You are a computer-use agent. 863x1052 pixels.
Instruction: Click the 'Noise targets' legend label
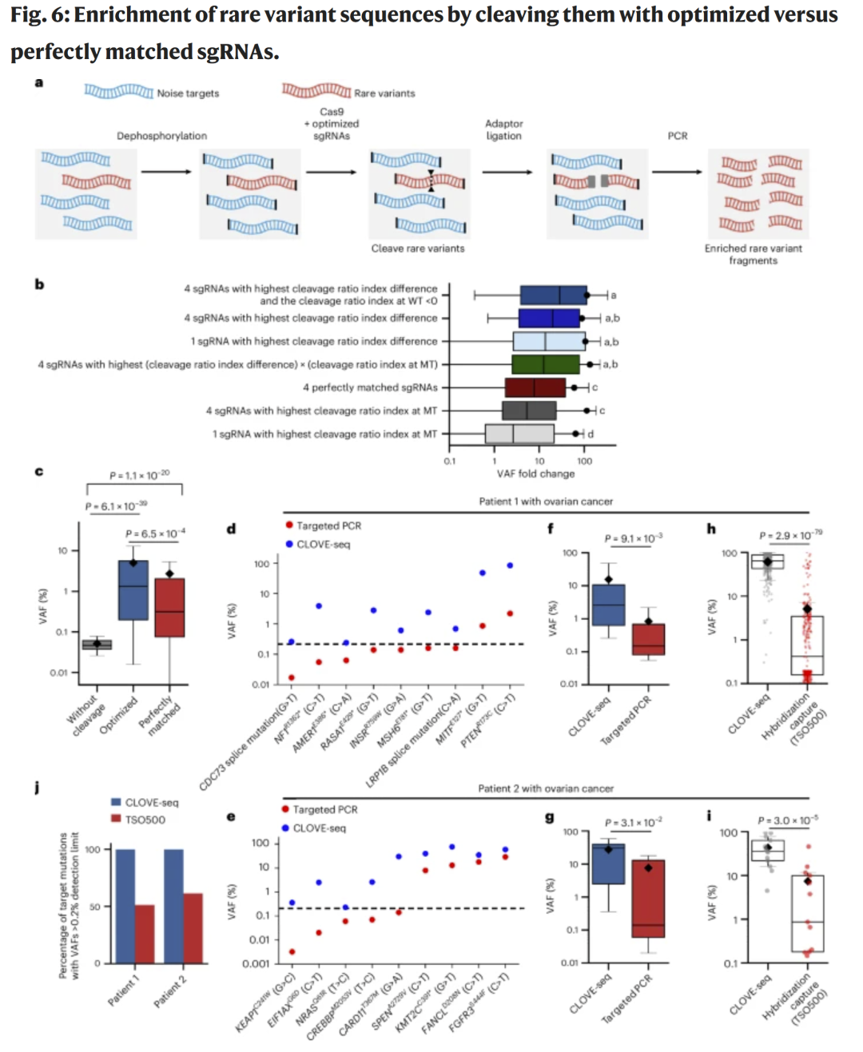pyautogui.click(x=188, y=93)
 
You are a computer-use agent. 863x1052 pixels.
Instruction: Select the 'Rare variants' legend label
pyautogui.click(x=384, y=93)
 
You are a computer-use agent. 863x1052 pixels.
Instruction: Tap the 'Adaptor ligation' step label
pyautogui.click(x=503, y=129)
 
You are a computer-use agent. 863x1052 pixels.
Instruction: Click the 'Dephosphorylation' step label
pyautogui.click(x=161, y=136)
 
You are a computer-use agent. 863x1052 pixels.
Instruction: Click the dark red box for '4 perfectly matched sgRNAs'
pyautogui.click(x=535, y=387)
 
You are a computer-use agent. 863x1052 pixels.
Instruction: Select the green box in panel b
pyautogui.click(x=546, y=364)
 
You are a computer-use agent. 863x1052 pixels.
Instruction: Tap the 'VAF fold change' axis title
pyautogui.click(x=535, y=474)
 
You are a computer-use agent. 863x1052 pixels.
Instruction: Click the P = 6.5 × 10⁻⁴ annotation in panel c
pyautogui.click(x=155, y=533)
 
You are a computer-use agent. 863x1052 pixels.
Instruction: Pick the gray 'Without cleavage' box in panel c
pyautogui.click(x=97, y=644)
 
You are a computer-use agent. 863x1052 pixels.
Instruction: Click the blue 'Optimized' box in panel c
pyautogui.click(x=133, y=590)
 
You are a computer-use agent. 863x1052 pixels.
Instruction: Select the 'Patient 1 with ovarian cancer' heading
pyautogui.click(x=546, y=502)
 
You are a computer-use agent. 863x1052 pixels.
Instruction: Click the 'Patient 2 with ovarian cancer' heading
pyautogui.click(x=546, y=788)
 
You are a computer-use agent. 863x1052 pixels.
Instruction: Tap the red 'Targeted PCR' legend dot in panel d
pyautogui.click(x=288, y=525)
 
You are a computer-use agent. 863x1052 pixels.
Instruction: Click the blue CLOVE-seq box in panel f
pyautogui.click(x=608, y=605)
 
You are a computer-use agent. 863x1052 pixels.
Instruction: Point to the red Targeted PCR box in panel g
pyautogui.click(x=648, y=899)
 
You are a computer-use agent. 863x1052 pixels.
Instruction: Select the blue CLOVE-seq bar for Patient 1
pyautogui.click(x=125, y=907)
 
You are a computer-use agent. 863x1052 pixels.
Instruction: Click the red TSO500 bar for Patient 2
pyautogui.click(x=193, y=929)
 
